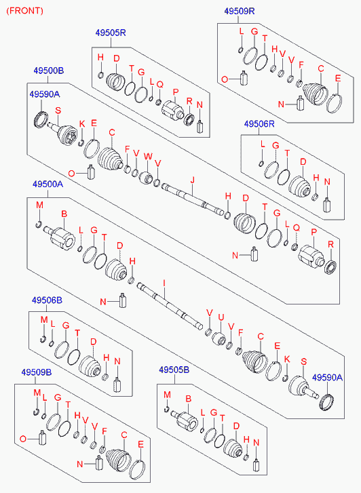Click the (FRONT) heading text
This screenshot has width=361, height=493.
tap(25, 11)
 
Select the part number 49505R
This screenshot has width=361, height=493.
tap(111, 33)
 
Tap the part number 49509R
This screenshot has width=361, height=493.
tap(240, 11)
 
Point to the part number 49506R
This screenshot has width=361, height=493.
tap(259, 124)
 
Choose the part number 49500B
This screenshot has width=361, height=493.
tap(48, 71)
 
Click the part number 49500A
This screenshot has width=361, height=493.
tap(48, 184)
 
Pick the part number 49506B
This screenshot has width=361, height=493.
tap(47, 300)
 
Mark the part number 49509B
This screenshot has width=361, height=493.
tap(37, 372)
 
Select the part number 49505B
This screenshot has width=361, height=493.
tap(174, 370)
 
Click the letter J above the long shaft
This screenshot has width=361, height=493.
tap(192, 180)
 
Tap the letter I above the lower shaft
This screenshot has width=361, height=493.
tap(164, 283)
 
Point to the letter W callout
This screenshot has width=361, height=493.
tap(148, 156)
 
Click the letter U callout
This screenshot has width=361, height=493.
tap(221, 317)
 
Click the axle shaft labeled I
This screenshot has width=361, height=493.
tap(170, 306)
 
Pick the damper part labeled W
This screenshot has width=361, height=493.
tap(146, 178)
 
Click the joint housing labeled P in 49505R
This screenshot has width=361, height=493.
tap(172, 110)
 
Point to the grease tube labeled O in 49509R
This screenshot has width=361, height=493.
tap(244, 78)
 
